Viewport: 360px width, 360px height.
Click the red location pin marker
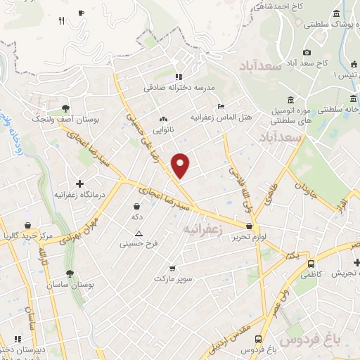[x=181, y=164]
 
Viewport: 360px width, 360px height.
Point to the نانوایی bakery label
[x=164, y=130]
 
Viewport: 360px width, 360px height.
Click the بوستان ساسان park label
[x=69, y=285]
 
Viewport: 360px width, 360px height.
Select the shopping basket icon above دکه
[x=136, y=207]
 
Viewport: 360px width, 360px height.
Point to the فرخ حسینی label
[x=138, y=244]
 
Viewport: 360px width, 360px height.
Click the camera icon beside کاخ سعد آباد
[x=307, y=52]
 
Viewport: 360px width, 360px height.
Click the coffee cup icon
[x=82, y=13]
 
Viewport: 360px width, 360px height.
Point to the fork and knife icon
[x=61, y=20]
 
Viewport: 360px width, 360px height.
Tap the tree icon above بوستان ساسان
[x=69, y=274]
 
